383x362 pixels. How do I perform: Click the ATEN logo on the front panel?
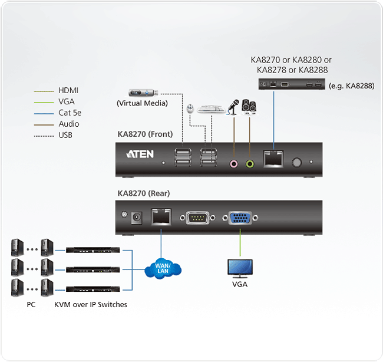(x=140, y=154)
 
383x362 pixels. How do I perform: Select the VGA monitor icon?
(x=240, y=269)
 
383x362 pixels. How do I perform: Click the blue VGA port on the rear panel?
(x=240, y=218)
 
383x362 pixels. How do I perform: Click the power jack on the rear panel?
(x=138, y=217)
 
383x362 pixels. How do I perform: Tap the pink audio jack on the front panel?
(x=234, y=164)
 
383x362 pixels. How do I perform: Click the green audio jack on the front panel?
(x=250, y=164)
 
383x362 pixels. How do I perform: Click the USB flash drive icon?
(x=144, y=93)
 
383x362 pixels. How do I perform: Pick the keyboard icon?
(x=209, y=109)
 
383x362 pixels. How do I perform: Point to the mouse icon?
(x=190, y=109)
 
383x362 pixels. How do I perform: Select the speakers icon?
(x=249, y=107)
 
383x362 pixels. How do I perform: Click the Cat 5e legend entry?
(x=68, y=113)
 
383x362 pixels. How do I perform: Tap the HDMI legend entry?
(x=68, y=90)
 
